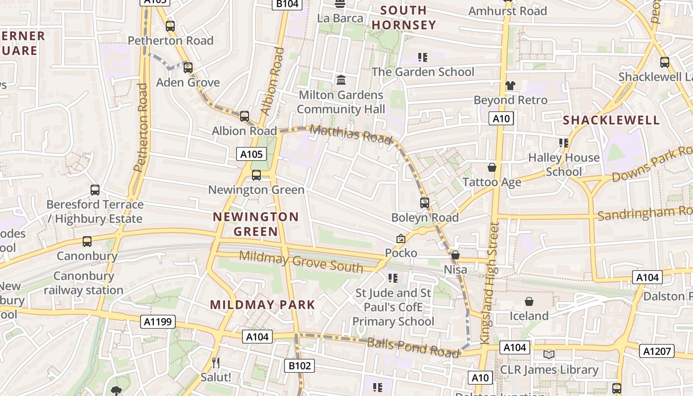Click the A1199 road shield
click(158, 322)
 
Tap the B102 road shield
click(300, 366)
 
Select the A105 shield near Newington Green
click(251, 154)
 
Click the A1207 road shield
click(657, 351)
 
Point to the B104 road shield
click(287, 4)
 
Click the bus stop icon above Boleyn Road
click(424, 202)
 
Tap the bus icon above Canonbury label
click(87, 242)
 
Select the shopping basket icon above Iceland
click(529, 301)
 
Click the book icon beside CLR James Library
click(548, 354)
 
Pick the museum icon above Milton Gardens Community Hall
click(341, 80)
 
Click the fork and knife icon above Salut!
click(215, 363)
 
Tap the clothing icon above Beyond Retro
click(510, 85)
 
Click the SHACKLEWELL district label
click(611, 120)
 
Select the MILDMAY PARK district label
click(262, 305)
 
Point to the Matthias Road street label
click(351, 134)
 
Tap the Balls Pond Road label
click(413, 347)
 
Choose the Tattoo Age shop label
click(492, 182)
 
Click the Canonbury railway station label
click(83, 283)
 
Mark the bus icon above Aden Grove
click(188, 68)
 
